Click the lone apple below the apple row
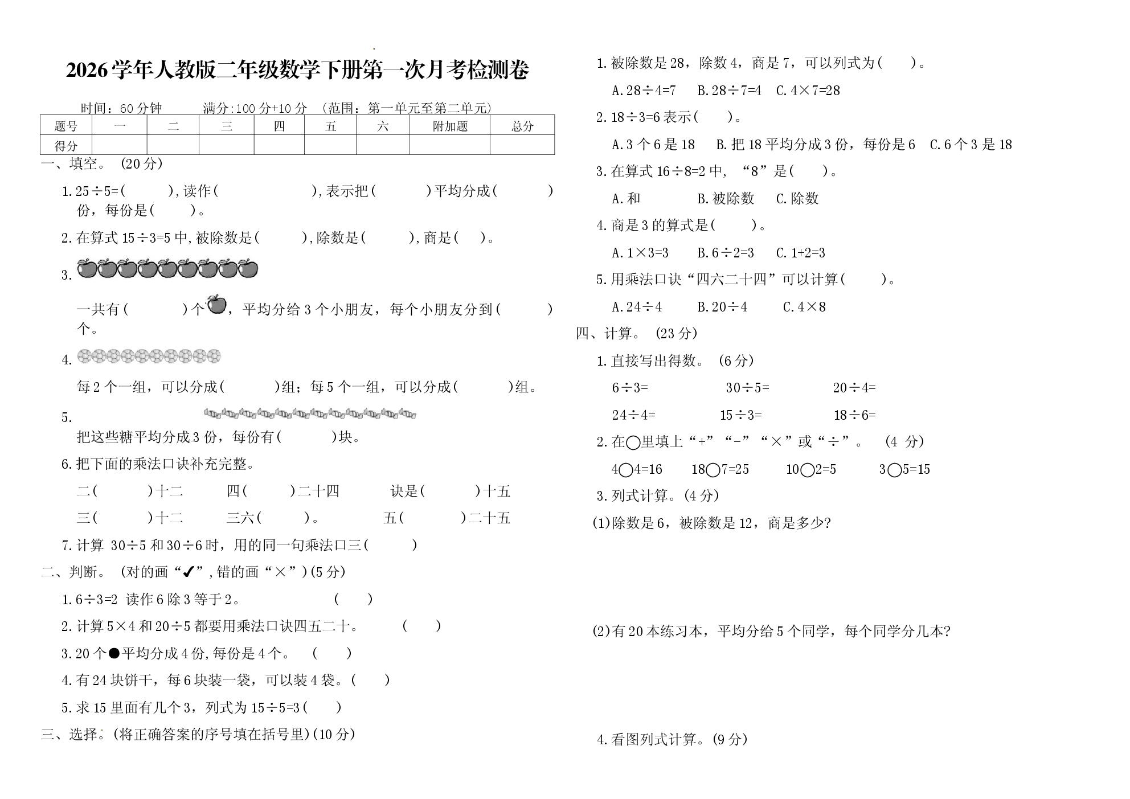216,305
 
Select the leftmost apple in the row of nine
86,268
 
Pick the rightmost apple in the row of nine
248,268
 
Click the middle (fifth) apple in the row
167,268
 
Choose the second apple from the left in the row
107,268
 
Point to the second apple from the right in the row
228,268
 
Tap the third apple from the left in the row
126,268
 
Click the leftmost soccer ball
84,356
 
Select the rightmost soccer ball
214,356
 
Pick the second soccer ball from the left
99,356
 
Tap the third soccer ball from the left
113,356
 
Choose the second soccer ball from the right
200,356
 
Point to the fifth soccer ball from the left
142,356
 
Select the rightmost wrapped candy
407,413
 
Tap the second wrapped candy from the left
230,413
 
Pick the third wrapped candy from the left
248,413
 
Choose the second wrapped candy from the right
390,413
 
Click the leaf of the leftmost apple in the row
89,261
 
